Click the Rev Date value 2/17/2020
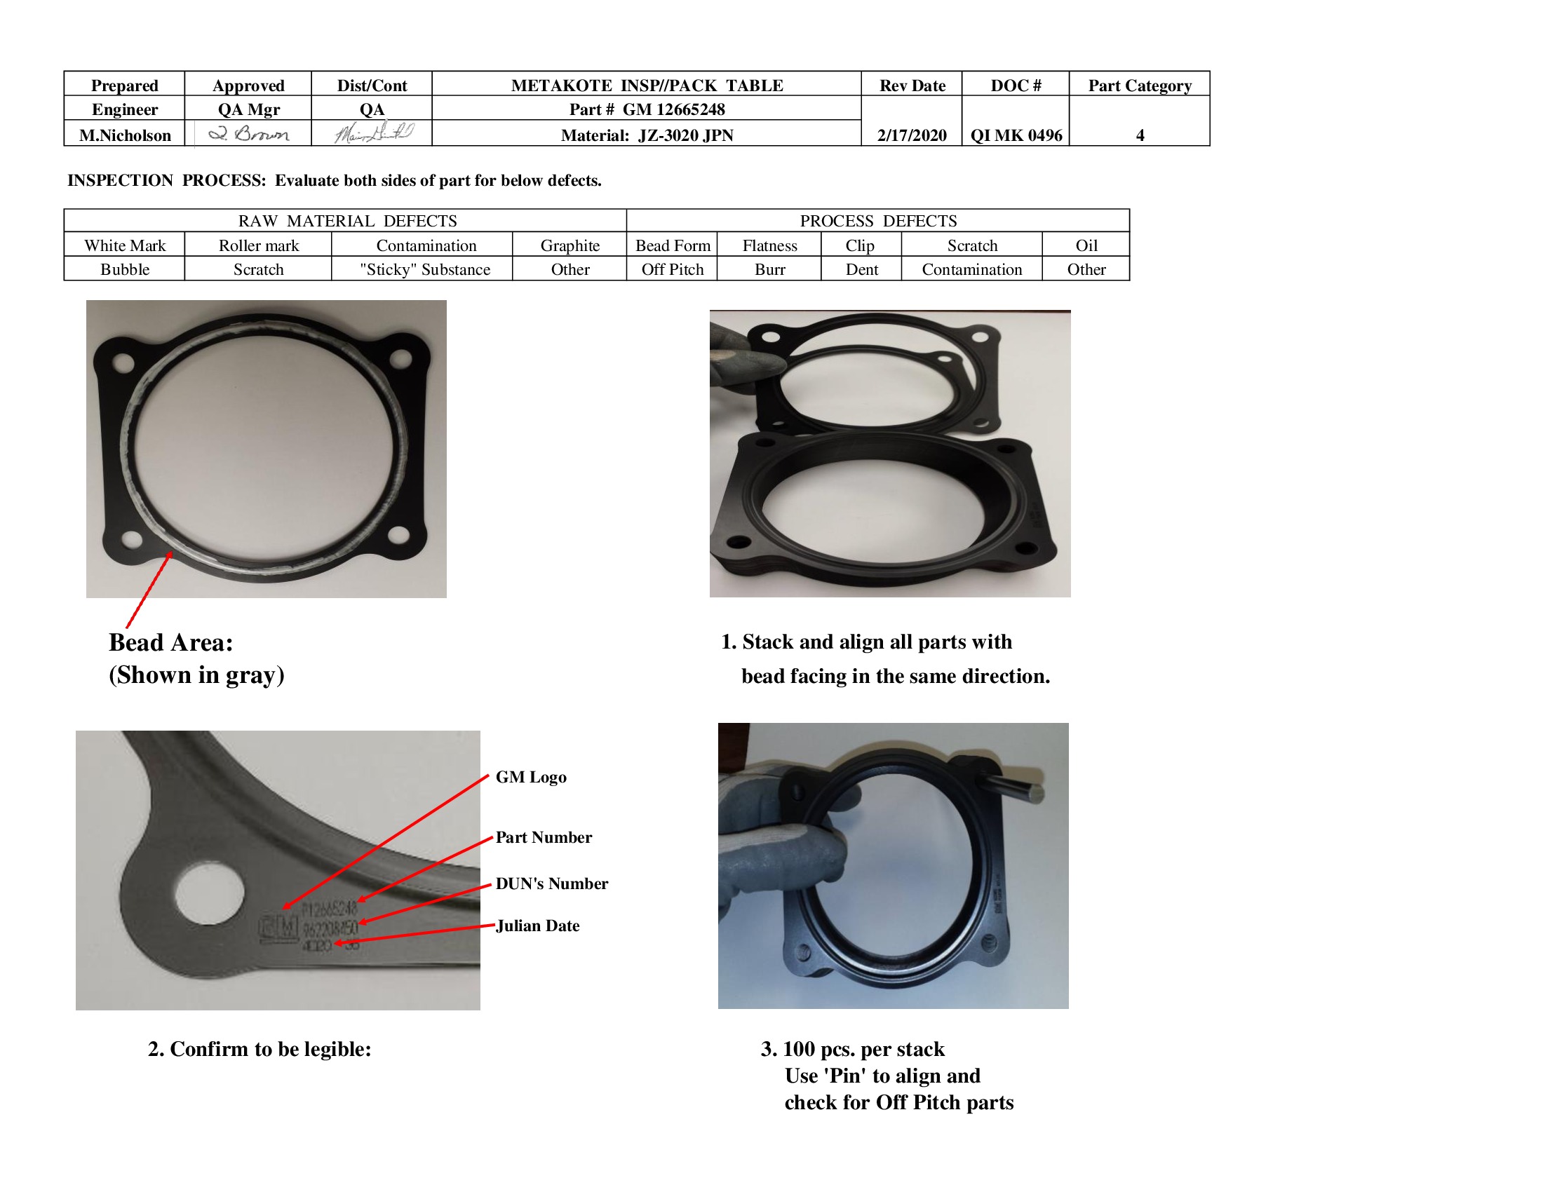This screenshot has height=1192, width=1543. tap(911, 135)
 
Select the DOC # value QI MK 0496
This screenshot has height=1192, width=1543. tap(1016, 135)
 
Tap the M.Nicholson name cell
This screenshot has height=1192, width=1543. tap(125, 135)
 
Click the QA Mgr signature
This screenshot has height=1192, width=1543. tap(249, 133)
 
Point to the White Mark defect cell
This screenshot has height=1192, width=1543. tap(125, 245)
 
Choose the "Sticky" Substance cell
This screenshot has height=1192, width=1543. tap(424, 269)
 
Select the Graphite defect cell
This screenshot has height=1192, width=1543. tap(570, 245)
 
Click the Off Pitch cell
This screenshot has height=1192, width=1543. tap(672, 269)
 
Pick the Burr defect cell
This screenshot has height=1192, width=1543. tap(769, 269)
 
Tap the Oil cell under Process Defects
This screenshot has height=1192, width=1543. tap(1086, 245)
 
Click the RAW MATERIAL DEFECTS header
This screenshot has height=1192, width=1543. tap(347, 221)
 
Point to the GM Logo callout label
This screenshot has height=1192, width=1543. tap(531, 777)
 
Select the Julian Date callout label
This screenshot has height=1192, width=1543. tap(538, 925)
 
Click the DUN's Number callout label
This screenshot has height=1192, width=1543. tap(552, 883)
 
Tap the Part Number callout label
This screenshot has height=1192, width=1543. tap(544, 837)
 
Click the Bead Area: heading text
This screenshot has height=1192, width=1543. tap(171, 642)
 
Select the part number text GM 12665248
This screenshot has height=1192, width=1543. tap(673, 109)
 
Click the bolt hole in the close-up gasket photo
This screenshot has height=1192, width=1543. tap(210, 893)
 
